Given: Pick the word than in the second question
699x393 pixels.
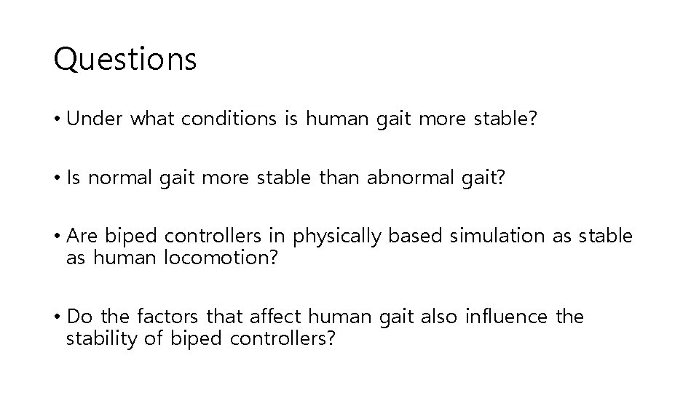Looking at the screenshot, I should click(x=337, y=178).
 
